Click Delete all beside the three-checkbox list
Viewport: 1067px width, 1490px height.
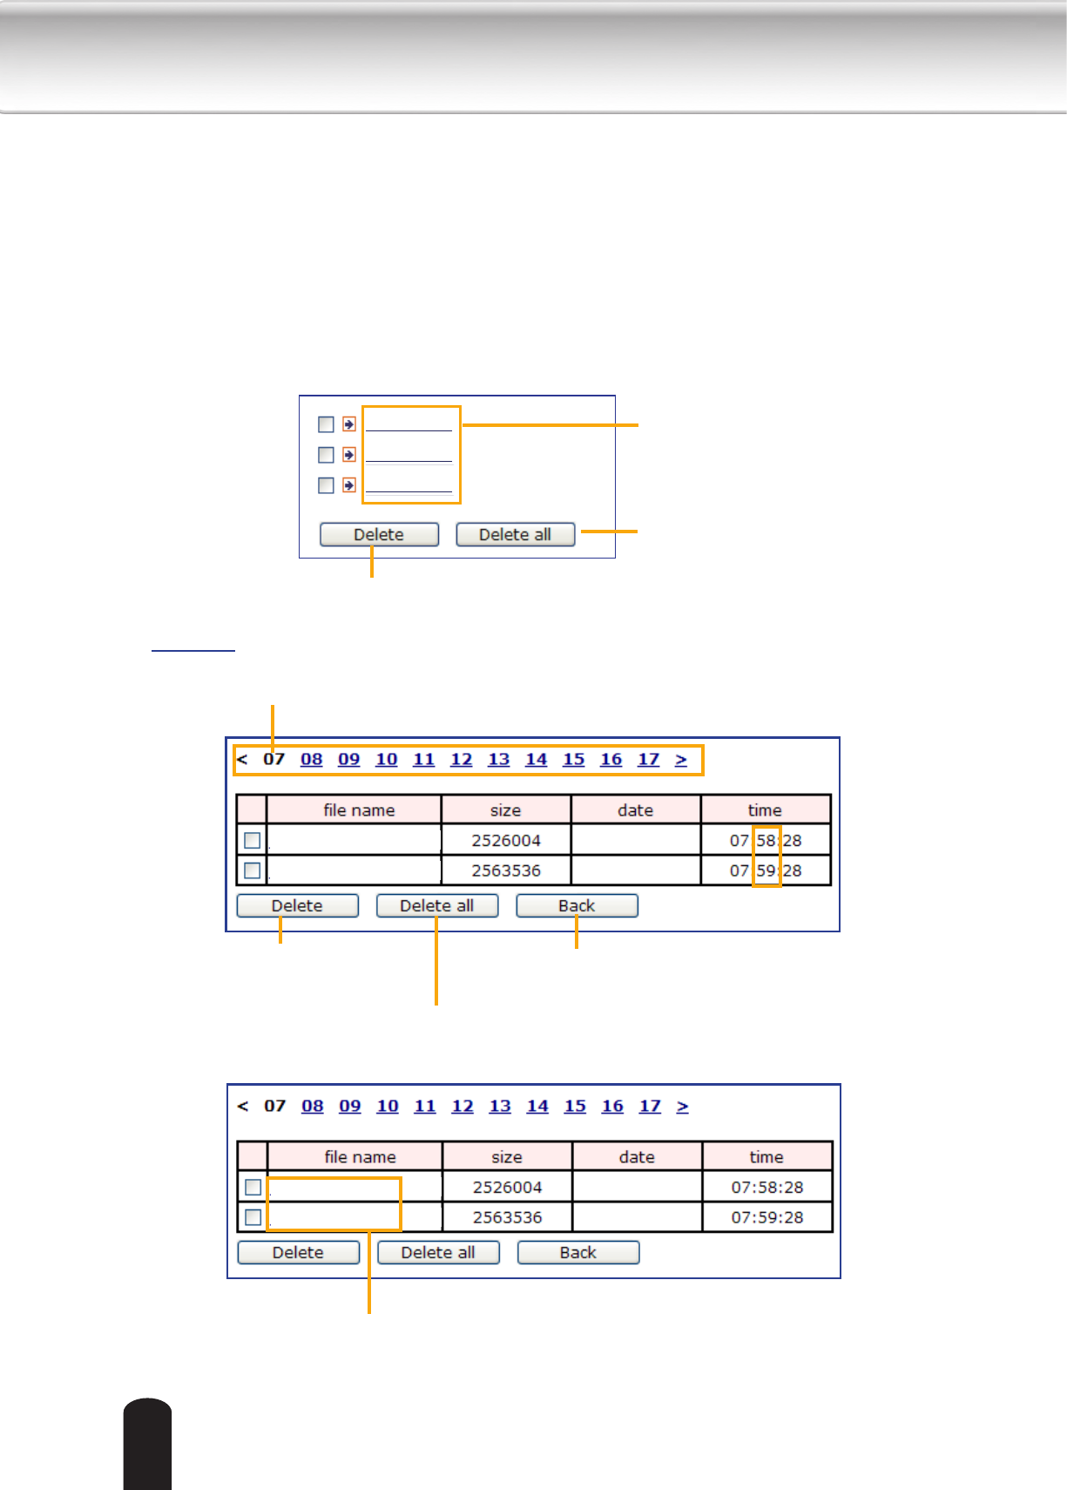(515, 534)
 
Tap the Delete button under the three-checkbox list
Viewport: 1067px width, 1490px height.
(379, 534)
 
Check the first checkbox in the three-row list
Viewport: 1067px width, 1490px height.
(326, 424)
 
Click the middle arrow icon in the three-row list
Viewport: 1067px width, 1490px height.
(349, 455)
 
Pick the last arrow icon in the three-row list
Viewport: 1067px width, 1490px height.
(349, 485)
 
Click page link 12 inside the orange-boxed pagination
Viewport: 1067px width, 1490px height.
(461, 760)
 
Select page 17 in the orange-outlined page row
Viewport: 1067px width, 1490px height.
(648, 760)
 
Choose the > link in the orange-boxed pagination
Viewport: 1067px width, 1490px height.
(681, 760)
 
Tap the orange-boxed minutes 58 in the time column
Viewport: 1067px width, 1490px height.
(766, 841)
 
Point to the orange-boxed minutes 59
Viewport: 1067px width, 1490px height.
(766, 870)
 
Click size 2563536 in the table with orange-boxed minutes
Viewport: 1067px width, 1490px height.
(506, 870)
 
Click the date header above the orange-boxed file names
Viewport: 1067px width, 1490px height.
(637, 1157)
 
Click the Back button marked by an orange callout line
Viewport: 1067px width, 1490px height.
(577, 906)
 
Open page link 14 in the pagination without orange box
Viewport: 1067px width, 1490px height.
(537, 1107)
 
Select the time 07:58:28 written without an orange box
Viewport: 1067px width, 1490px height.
(767, 1188)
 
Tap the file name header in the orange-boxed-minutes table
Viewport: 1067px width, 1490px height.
(359, 810)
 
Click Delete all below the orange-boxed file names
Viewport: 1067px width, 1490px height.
(438, 1253)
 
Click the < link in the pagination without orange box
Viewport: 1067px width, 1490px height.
(243, 1107)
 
